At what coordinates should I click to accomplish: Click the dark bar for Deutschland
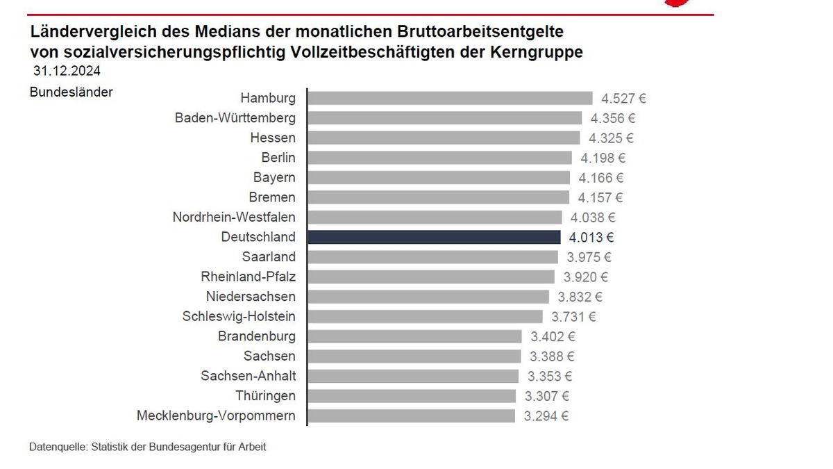click(434, 237)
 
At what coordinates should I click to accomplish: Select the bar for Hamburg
click(450, 98)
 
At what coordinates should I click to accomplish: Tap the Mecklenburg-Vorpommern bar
click(411, 416)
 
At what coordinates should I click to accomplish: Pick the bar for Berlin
click(439, 158)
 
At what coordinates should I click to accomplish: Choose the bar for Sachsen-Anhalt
click(412, 376)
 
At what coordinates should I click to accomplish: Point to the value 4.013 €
click(591, 238)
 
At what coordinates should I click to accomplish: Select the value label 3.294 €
click(546, 417)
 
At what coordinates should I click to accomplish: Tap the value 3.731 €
click(573, 317)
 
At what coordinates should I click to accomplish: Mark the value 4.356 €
click(613, 118)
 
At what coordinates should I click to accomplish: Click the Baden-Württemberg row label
click(235, 118)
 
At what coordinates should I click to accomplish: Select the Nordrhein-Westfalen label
click(234, 217)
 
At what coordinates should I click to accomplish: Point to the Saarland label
click(269, 257)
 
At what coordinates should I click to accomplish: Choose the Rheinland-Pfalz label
click(248, 277)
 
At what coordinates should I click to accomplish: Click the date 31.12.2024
click(67, 71)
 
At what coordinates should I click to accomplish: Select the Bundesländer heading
click(71, 92)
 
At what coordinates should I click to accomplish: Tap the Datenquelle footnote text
click(147, 447)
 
